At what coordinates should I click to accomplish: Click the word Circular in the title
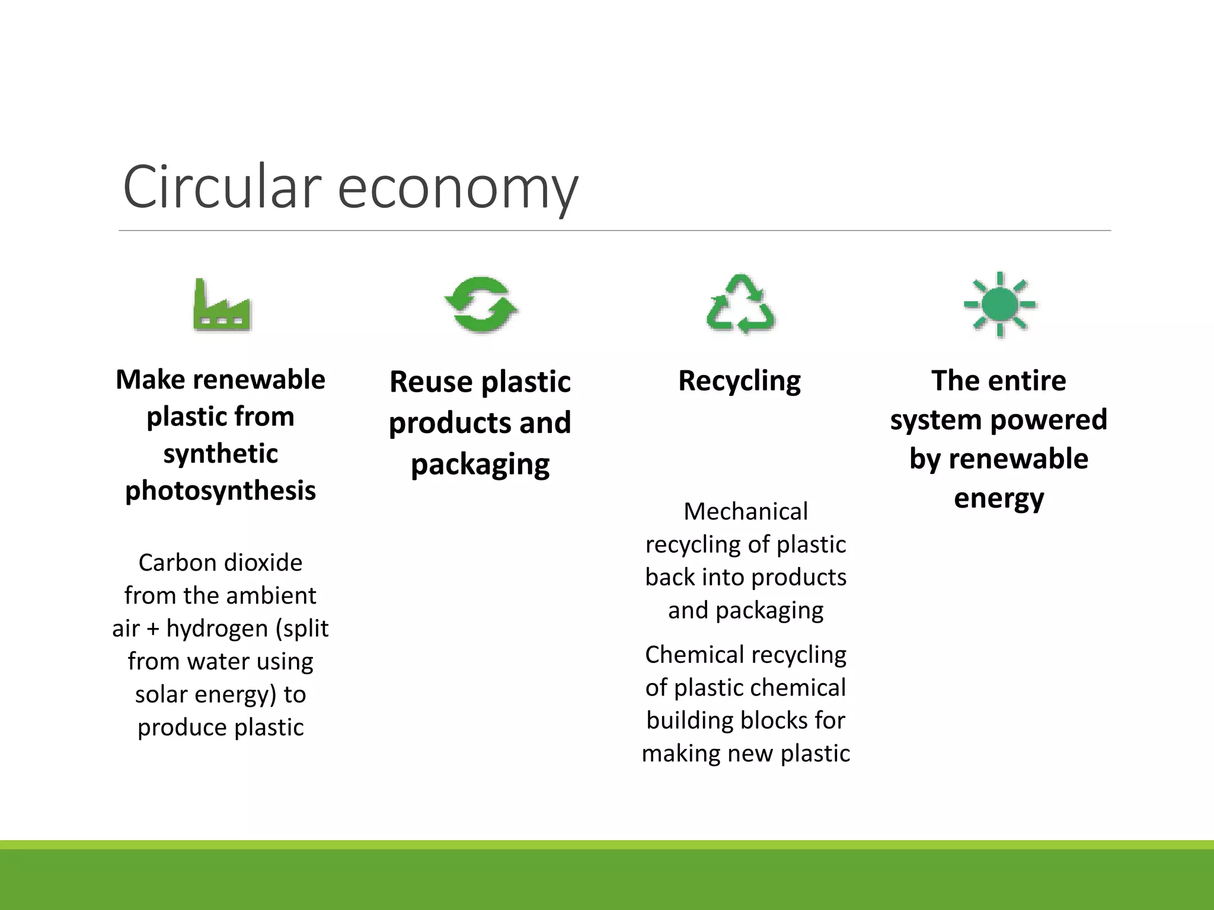pyautogui.click(x=222, y=187)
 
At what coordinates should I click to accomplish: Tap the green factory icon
pyautogui.click(x=222, y=305)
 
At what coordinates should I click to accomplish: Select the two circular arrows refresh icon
pyautogui.click(x=481, y=305)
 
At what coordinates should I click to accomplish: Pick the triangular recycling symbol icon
pyautogui.click(x=740, y=304)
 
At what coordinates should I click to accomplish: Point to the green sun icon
pyautogui.click(x=999, y=305)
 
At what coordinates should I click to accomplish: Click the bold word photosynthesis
pyautogui.click(x=221, y=491)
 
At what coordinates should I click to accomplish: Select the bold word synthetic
pyautogui.click(x=221, y=454)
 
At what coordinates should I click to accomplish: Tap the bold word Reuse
pyautogui.click(x=430, y=382)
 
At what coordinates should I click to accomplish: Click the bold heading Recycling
pyautogui.click(x=739, y=380)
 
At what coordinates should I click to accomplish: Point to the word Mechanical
pyautogui.click(x=745, y=511)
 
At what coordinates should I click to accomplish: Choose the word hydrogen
pyautogui.click(x=218, y=628)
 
